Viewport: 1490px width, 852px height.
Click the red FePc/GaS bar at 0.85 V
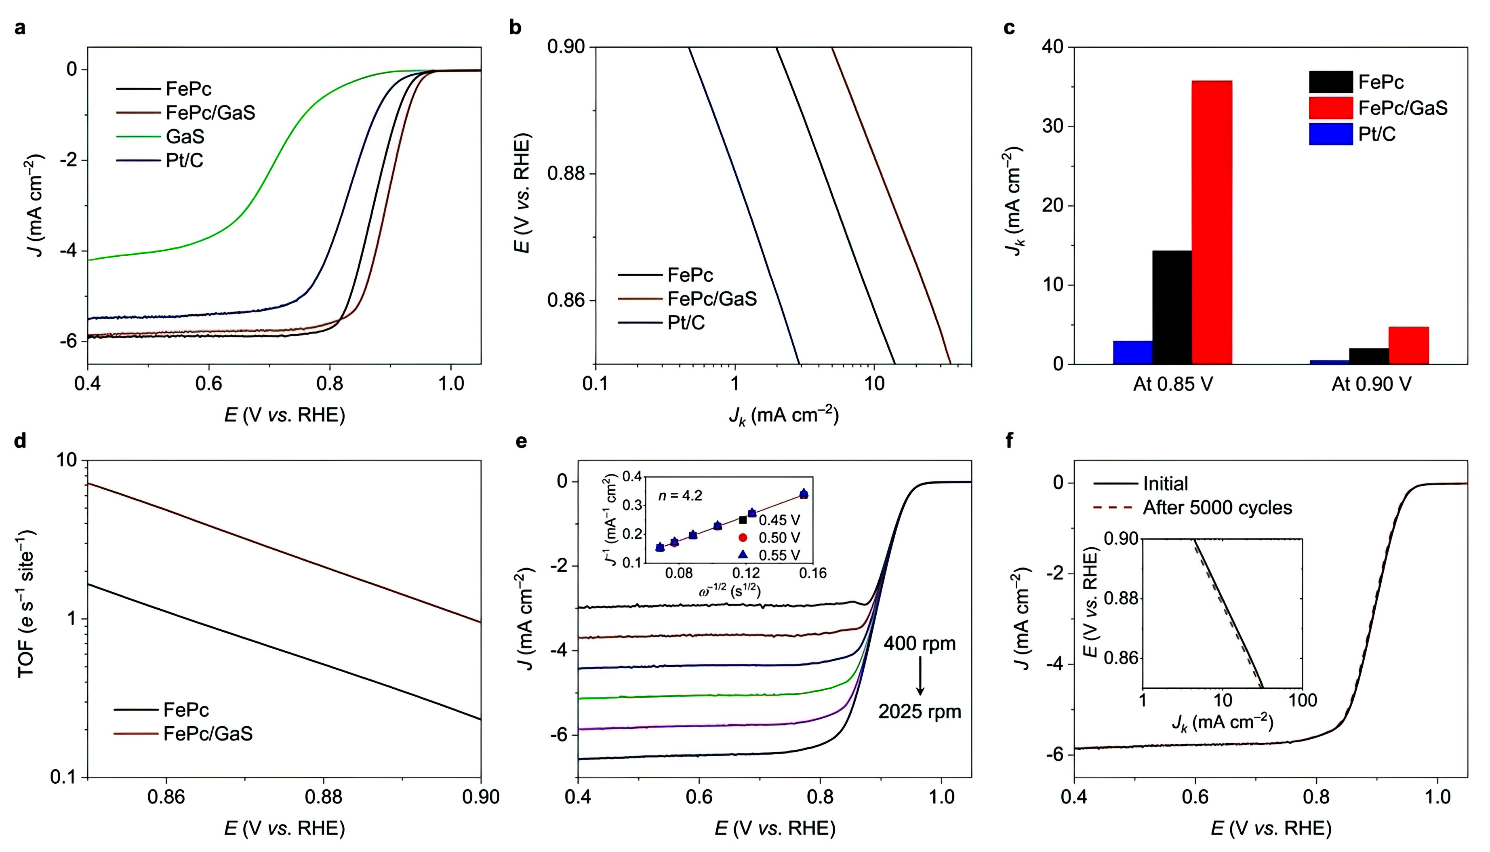tap(1211, 222)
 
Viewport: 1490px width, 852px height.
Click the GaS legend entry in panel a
tap(185, 136)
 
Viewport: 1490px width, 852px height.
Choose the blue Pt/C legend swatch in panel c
tap(1330, 134)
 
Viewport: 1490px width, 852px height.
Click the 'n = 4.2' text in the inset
tap(680, 496)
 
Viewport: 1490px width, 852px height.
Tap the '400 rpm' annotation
tap(919, 644)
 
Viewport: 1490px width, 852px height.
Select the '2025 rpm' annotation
tap(919, 712)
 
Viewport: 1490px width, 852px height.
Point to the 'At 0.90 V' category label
tap(1371, 384)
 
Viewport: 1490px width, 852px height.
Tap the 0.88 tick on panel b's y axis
tap(566, 174)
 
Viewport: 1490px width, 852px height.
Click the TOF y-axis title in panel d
tap(26, 603)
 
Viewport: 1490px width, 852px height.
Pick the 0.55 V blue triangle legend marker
tap(743, 554)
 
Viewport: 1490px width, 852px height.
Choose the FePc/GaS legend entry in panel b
tap(711, 299)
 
